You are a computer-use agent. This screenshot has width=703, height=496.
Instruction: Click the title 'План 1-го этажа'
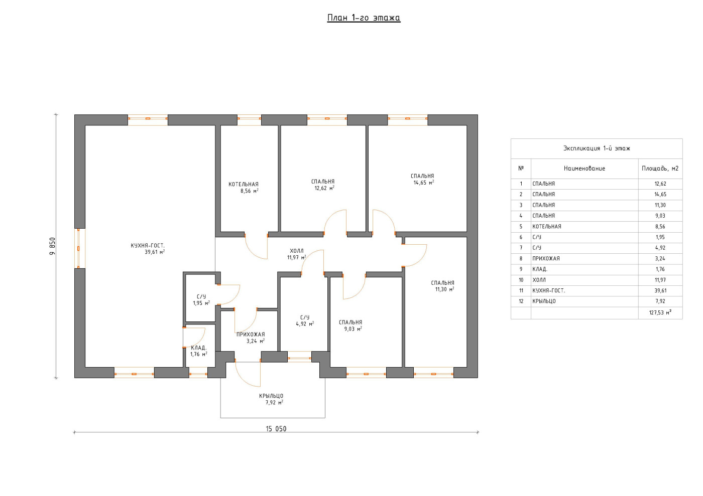364,18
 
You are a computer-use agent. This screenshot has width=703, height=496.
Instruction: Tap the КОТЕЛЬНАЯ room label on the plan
244,185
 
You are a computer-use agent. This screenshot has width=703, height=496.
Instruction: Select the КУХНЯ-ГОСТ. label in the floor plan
148,245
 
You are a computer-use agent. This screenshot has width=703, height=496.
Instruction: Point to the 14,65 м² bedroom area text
424,183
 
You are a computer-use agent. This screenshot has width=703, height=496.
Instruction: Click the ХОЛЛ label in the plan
297,251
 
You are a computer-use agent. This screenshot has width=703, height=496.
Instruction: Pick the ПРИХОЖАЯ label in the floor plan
251,335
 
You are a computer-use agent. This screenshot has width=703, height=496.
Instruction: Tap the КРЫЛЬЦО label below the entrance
272,396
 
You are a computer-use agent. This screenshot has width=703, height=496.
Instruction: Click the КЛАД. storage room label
199,348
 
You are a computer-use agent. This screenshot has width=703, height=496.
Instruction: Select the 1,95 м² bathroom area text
201,303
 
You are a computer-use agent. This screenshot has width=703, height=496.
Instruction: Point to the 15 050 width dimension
276,429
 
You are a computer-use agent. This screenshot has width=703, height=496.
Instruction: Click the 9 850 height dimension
52,246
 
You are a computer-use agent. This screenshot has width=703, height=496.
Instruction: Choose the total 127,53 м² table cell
660,312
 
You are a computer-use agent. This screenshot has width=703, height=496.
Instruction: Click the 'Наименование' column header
584,169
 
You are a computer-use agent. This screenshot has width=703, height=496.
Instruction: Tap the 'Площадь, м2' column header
660,169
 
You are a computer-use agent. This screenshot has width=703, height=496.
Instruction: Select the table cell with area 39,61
660,291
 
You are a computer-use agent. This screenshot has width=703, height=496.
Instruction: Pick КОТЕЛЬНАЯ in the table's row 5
547,226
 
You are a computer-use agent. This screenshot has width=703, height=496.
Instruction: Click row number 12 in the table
521,301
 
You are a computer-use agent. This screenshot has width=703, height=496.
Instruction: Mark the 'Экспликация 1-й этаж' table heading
597,148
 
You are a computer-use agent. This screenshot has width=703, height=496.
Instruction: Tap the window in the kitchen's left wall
80,248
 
